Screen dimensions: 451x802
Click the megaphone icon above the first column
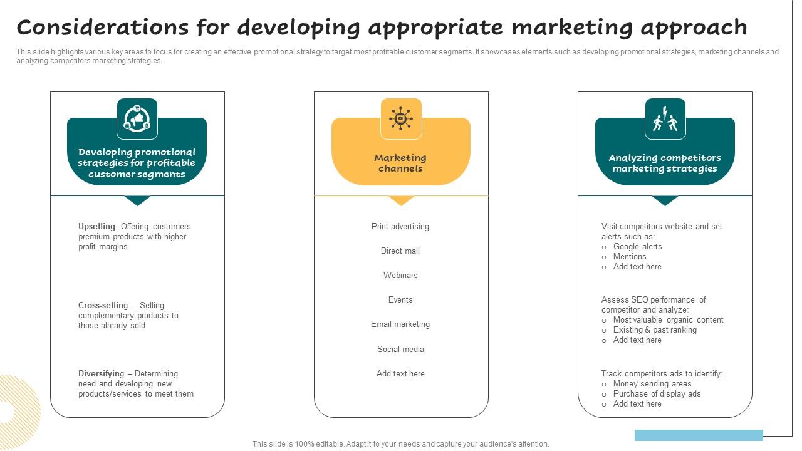tap(137, 118)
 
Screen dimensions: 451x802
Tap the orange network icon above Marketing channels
tap(401, 118)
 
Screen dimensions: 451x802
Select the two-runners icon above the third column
tap(665, 118)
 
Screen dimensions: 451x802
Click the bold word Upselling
tap(97, 227)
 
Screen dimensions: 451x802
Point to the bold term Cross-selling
tap(103, 306)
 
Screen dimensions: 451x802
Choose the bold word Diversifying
tap(102, 374)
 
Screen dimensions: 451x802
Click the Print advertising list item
tap(400, 227)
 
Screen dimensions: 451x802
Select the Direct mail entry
tap(400, 251)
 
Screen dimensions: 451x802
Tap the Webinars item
tap(400, 276)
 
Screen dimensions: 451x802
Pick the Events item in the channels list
tap(400, 300)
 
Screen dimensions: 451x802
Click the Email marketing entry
tap(400, 324)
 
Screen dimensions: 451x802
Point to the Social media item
tap(400, 350)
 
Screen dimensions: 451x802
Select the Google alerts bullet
tap(637, 247)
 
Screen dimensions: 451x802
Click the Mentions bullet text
tap(630, 257)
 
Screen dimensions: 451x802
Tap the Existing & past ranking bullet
tap(655, 330)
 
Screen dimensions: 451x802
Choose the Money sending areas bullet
tap(652, 384)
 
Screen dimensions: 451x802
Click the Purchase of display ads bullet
tap(657, 394)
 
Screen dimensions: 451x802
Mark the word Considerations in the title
tap(102, 28)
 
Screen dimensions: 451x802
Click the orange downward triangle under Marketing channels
tap(401, 200)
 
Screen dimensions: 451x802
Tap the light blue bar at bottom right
tap(699, 435)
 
